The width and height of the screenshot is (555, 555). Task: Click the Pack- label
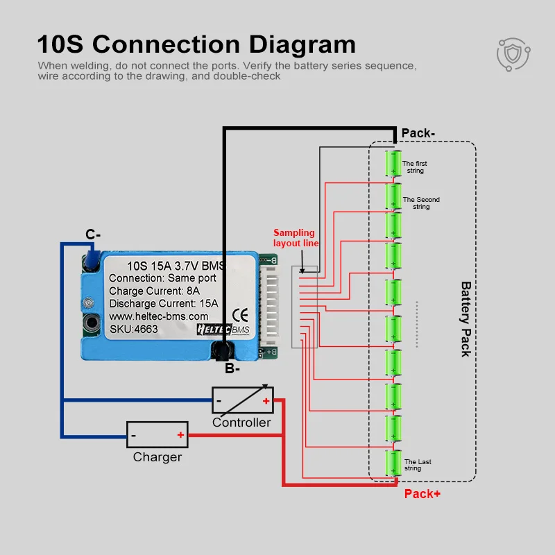tap(418, 133)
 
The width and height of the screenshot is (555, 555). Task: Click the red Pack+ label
tap(422, 494)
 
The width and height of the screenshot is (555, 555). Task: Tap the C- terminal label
tap(93, 234)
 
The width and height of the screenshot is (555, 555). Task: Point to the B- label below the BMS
tap(232, 368)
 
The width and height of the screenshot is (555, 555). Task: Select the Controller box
tap(242, 400)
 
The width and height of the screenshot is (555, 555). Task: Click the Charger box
tap(157, 435)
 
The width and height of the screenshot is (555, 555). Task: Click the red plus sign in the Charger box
tap(180, 435)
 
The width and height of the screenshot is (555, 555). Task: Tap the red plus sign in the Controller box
tap(266, 401)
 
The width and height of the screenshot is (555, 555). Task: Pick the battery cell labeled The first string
tap(393, 163)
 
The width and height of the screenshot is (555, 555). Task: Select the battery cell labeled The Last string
tap(393, 463)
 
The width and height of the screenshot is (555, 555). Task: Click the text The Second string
tap(421, 203)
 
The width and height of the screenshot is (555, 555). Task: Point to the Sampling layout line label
tap(296, 238)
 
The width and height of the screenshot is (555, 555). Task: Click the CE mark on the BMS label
tap(240, 315)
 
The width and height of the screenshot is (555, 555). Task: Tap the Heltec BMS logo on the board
tap(223, 330)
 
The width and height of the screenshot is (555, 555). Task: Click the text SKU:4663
tap(134, 329)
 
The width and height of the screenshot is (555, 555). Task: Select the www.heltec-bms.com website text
tap(159, 316)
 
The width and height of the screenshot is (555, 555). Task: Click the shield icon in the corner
tap(513, 55)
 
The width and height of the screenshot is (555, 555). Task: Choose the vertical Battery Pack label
tap(466, 319)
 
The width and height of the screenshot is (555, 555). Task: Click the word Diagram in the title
tap(302, 45)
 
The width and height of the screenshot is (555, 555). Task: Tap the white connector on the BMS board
tap(270, 305)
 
